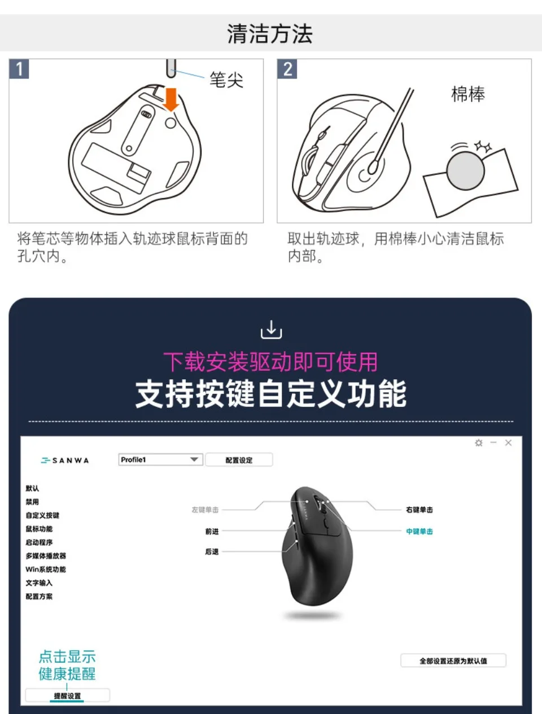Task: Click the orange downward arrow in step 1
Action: click(171, 99)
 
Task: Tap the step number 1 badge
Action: click(19, 69)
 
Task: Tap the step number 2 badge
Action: click(287, 69)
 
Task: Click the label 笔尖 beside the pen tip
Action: click(226, 80)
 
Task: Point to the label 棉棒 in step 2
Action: click(468, 94)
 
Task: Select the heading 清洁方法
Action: click(270, 33)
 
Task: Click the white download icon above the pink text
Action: click(271, 329)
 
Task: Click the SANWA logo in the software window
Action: click(65, 460)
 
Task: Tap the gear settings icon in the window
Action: click(479, 443)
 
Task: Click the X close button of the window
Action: click(508, 443)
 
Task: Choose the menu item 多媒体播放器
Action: click(46, 555)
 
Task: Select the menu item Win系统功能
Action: click(46, 570)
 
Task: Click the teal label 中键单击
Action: click(419, 531)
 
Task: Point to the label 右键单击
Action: click(419, 510)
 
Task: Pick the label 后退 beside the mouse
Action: click(212, 551)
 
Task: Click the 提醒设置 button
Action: click(67, 696)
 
